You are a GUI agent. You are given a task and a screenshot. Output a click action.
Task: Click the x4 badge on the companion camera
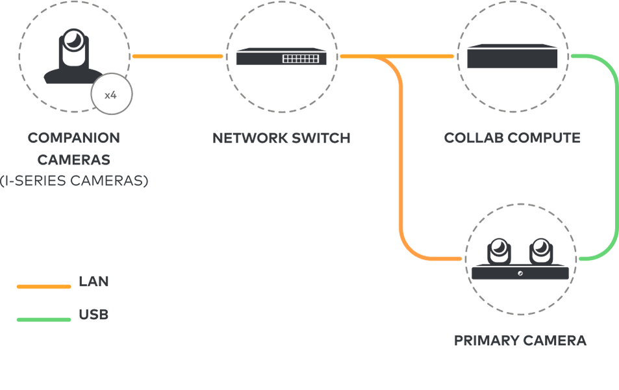pos(111,95)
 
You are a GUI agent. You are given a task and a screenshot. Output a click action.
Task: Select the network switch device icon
pos(281,57)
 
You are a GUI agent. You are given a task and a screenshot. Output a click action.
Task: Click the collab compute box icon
pos(512,57)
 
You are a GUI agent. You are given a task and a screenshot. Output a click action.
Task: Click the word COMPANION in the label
pos(73,138)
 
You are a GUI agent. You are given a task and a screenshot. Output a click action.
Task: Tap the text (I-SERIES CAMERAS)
pos(73,181)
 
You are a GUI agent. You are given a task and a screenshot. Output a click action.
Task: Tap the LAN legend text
pos(94,282)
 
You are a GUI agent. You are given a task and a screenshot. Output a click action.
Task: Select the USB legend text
pos(94,315)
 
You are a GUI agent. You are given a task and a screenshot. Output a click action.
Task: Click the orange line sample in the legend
pos(44,286)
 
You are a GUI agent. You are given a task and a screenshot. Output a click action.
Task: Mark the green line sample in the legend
pos(44,319)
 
